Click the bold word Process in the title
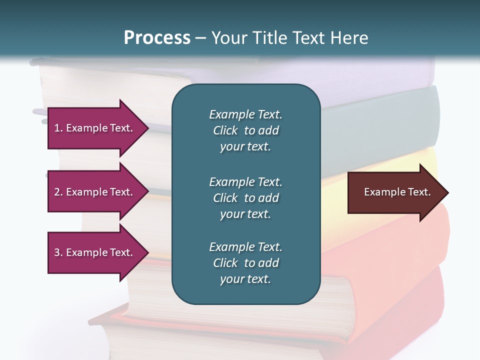(x=157, y=38)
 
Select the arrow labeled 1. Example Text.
(x=95, y=128)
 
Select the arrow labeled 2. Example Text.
(x=95, y=192)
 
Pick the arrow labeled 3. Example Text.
(x=95, y=252)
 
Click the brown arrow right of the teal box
(x=395, y=192)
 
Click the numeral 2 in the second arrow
(x=56, y=192)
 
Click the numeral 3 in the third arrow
(x=56, y=252)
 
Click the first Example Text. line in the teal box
(x=245, y=114)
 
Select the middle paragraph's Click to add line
(x=245, y=198)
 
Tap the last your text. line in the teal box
(x=245, y=279)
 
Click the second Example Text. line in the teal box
(x=245, y=181)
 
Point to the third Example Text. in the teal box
(x=245, y=247)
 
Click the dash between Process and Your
(x=201, y=38)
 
